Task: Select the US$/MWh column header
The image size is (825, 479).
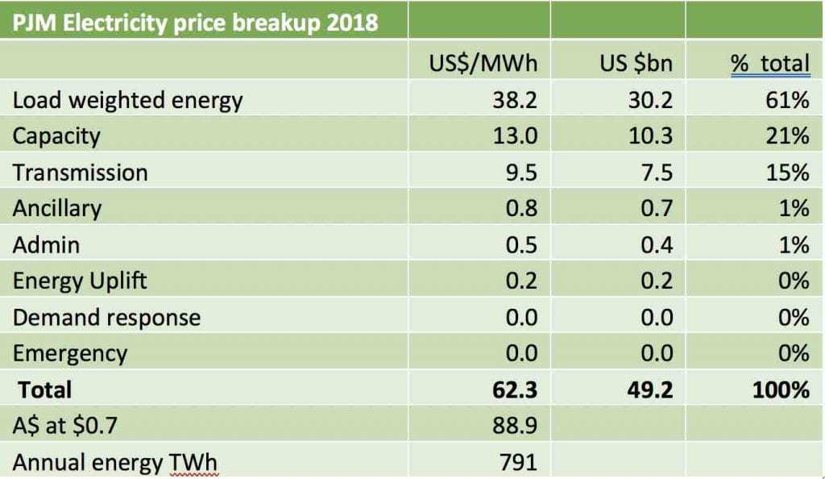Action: (x=483, y=64)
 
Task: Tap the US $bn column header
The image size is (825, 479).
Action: (x=636, y=64)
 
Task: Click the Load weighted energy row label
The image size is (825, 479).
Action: (x=127, y=100)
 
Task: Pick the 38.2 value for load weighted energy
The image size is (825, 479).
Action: (x=515, y=100)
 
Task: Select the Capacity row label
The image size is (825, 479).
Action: (x=56, y=135)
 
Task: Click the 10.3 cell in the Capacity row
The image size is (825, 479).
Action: (x=650, y=135)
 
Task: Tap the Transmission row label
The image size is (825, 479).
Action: (x=81, y=173)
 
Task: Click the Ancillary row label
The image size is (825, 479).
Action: (x=57, y=209)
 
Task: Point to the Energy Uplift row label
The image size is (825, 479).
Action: (x=81, y=281)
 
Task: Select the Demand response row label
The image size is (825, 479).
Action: (x=106, y=317)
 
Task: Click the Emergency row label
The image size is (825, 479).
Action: (x=70, y=353)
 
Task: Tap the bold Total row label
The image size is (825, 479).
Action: (x=45, y=390)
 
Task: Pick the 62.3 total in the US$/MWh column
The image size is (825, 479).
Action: (x=514, y=390)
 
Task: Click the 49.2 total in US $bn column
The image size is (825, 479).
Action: (x=650, y=390)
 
